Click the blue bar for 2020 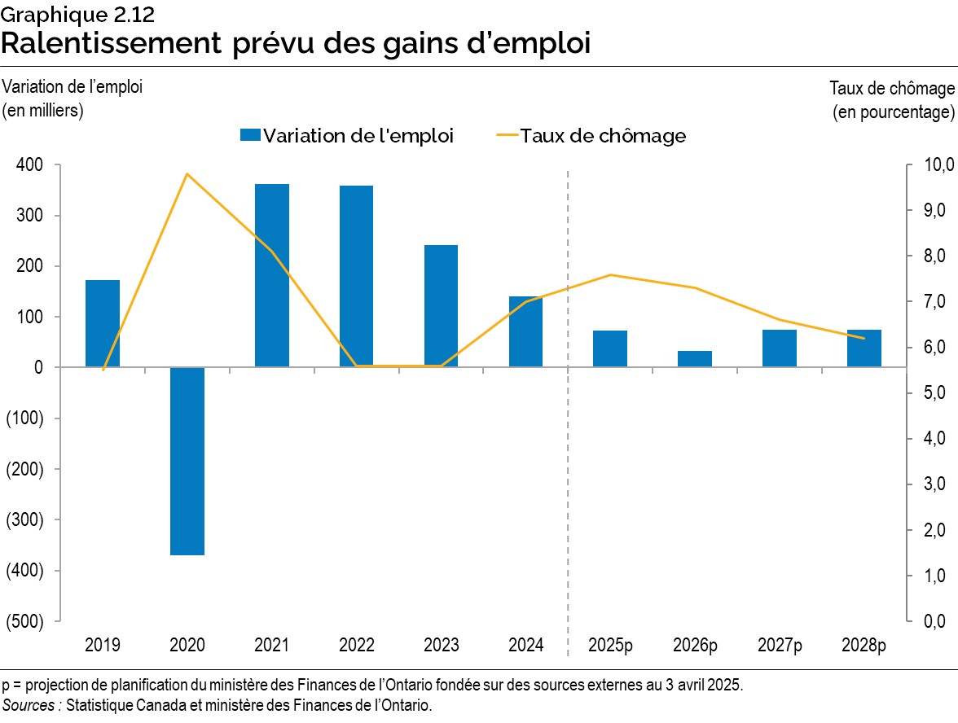(x=187, y=461)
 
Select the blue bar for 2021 (x=271, y=275)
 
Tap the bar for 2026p (x=695, y=358)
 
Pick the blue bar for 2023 (x=441, y=305)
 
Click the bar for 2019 (x=103, y=323)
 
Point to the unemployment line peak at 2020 (x=187, y=173)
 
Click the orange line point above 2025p (x=610, y=275)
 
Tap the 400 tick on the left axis (x=29, y=165)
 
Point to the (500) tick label (x=24, y=621)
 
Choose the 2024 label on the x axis (x=525, y=646)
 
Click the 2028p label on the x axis (x=864, y=646)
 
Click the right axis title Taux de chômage (x=891, y=88)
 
